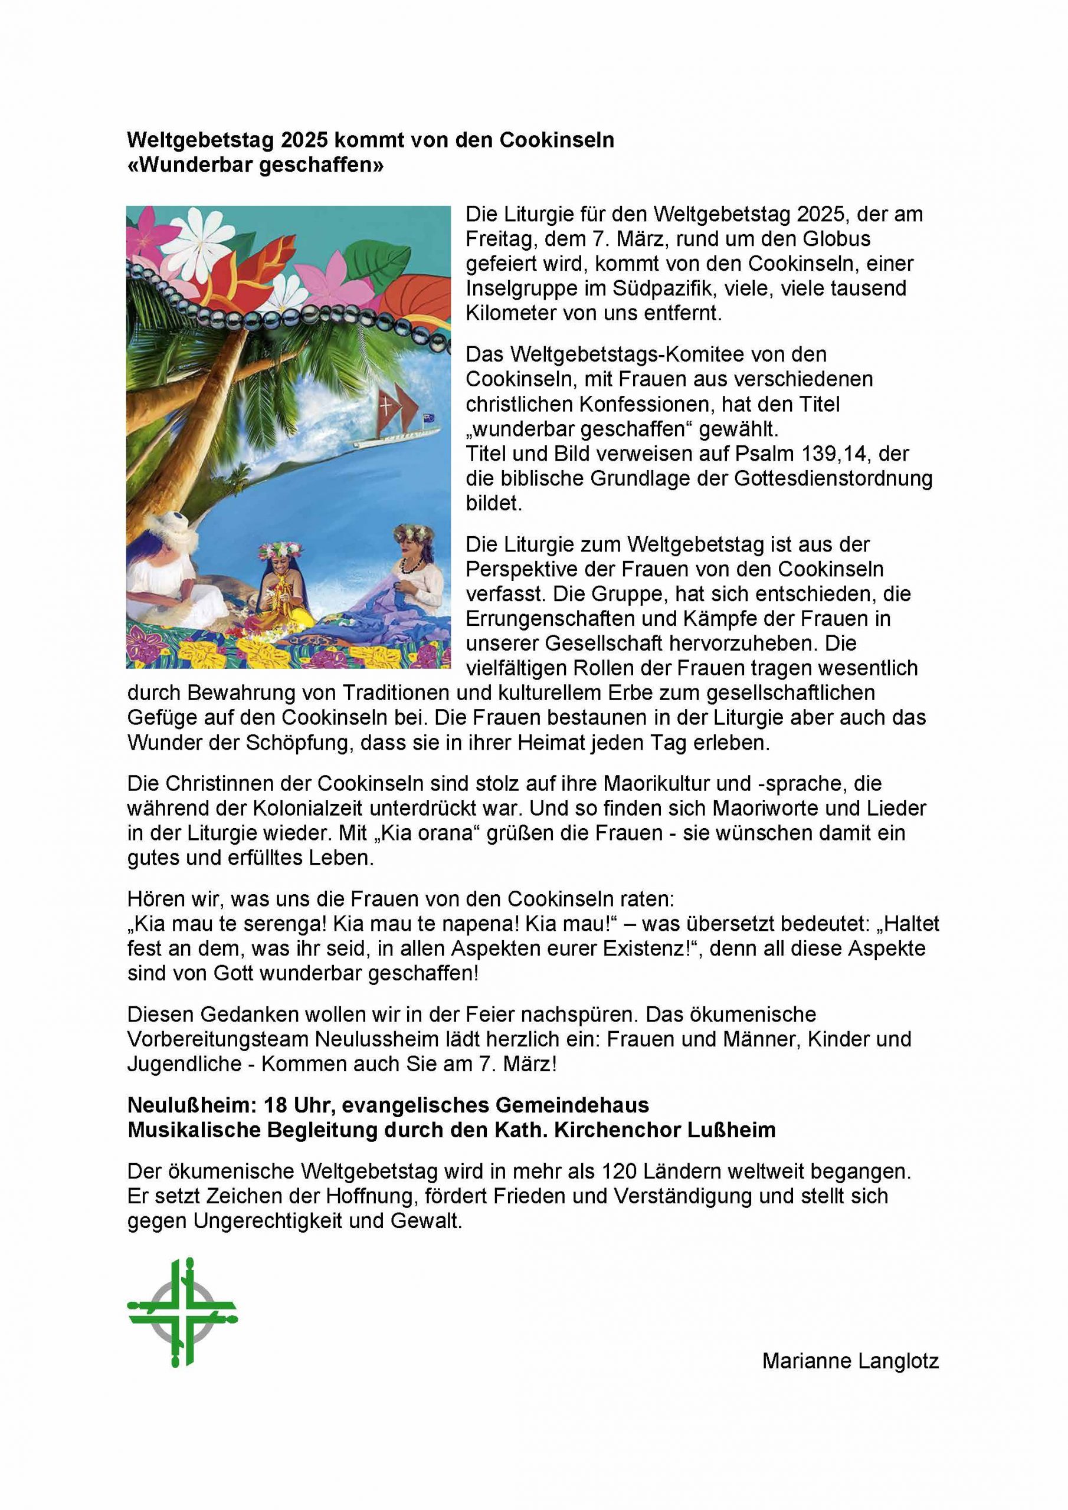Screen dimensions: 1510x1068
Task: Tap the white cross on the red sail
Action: pyautogui.click(x=386, y=405)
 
